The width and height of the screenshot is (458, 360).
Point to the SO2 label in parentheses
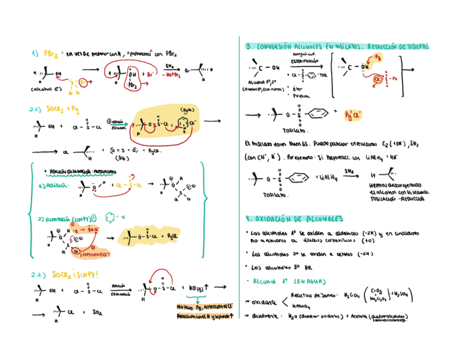click(122, 158)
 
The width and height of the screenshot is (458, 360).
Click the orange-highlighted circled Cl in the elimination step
click(79, 250)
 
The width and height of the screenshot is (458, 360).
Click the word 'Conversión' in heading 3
click(280, 47)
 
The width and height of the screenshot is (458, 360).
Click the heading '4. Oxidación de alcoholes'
click(294, 219)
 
